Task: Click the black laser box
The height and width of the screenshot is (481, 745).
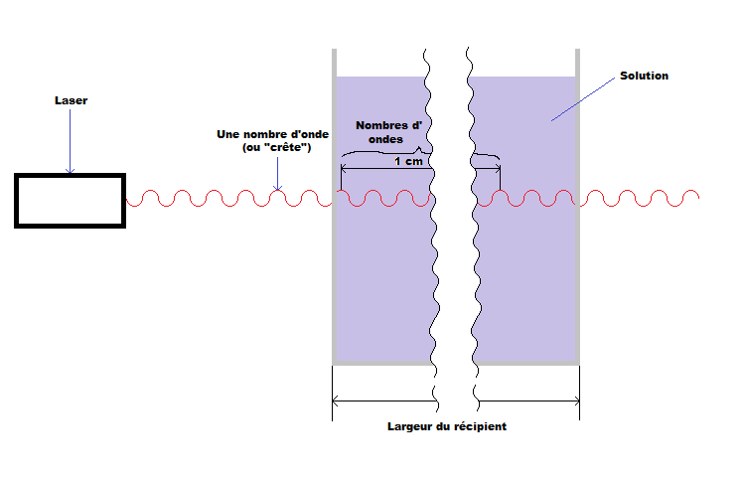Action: click(x=70, y=200)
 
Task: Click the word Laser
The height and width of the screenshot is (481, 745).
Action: click(x=71, y=100)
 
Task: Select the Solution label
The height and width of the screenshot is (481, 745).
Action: click(x=644, y=76)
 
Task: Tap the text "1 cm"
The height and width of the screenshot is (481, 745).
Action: click(x=407, y=160)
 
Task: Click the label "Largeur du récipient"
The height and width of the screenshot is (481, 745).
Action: click(x=447, y=426)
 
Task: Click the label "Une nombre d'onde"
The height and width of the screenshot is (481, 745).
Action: click(x=272, y=133)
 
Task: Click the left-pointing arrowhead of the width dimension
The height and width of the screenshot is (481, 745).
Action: click(x=336, y=401)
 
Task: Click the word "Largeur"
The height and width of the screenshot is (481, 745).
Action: click(x=409, y=426)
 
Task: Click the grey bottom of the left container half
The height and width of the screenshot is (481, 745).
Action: click(x=382, y=364)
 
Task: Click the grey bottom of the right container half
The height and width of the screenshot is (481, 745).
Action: click(x=526, y=364)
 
